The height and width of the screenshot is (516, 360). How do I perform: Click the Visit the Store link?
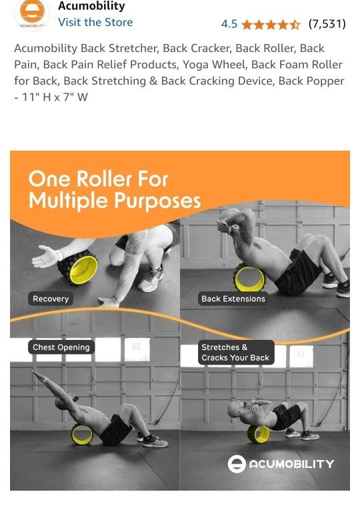pyautogui.click(x=95, y=23)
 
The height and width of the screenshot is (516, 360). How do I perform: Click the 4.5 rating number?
pyautogui.click(x=229, y=24)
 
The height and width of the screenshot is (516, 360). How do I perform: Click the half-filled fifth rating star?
pyautogui.click(x=295, y=25)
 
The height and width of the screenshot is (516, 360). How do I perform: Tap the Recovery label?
pyautogui.click(x=51, y=299)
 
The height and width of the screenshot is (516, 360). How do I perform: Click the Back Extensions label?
pyautogui.click(x=233, y=299)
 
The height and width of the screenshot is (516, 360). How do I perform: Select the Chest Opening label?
pyautogui.click(x=61, y=347)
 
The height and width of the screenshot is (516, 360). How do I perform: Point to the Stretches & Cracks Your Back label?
pyautogui.click(x=235, y=353)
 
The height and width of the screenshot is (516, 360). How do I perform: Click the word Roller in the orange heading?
pyautogui.click(x=104, y=179)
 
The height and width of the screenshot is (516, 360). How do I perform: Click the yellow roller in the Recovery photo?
pyautogui.click(x=77, y=267)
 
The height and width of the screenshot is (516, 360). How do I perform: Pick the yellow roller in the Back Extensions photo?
pyautogui.click(x=249, y=277)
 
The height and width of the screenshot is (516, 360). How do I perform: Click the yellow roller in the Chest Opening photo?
pyautogui.click(x=82, y=435)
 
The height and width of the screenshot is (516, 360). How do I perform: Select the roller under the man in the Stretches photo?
pyautogui.click(x=259, y=434)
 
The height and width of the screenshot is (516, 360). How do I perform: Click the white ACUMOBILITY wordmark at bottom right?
pyautogui.click(x=291, y=464)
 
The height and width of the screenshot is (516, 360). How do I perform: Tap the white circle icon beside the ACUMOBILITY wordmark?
pyautogui.click(x=237, y=464)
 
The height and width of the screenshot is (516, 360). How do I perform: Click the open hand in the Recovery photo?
pyautogui.click(x=45, y=257)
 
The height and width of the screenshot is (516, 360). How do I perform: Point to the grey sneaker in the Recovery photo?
pyautogui.click(x=151, y=279)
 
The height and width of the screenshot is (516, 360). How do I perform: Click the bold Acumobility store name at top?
pyautogui.click(x=91, y=6)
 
